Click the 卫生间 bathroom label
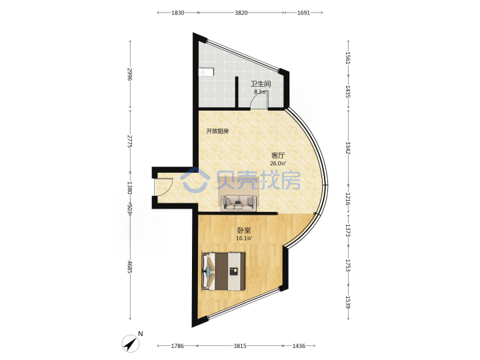[x=261, y=83]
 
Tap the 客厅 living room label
[x=278, y=155]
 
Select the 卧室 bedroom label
[x=244, y=230]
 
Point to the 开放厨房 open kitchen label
[x=217, y=131]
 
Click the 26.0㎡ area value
[x=278, y=163]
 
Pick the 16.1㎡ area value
[x=244, y=238]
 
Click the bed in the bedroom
[x=223, y=271]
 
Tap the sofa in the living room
[x=239, y=203]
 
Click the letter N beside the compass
[x=141, y=334]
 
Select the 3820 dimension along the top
[x=241, y=13]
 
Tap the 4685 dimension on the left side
[x=130, y=267]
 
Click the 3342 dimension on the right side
[x=348, y=148]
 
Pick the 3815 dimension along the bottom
[x=240, y=346]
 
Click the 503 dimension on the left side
[x=130, y=208]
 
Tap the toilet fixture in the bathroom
[x=206, y=72]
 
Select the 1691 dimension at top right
[x=303, y=13]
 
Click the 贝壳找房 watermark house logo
[x=195, y=181]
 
